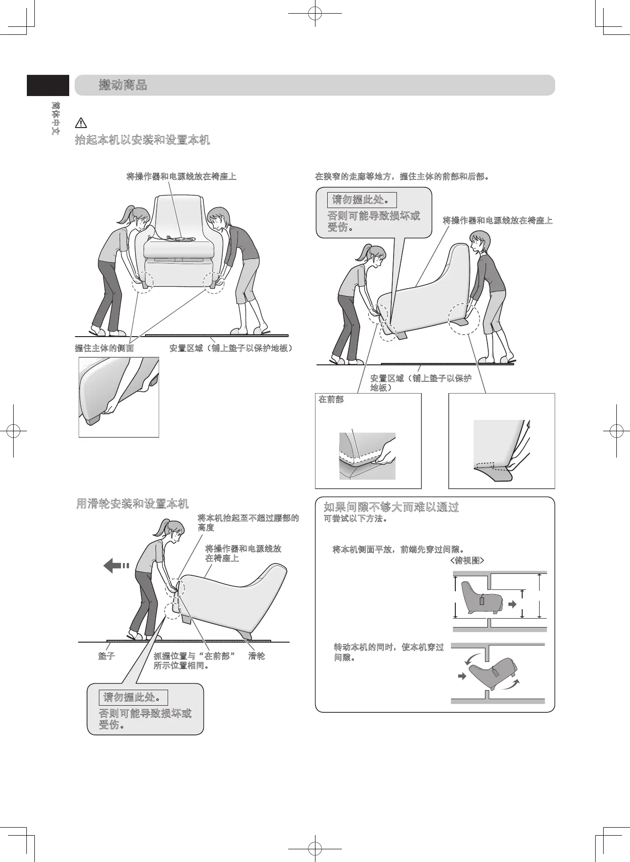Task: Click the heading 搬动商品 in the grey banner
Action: pos(123,85)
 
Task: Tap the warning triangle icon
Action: pos(81,123)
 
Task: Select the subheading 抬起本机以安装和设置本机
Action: pos(142,140)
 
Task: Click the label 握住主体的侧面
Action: pos(104,348)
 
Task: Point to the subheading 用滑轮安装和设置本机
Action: pos(132,504)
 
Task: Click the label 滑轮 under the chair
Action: pos(257,656)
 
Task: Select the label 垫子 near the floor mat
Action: pos(106,656)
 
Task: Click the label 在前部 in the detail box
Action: pos(331,399)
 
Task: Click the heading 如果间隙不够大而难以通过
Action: pos(391,507)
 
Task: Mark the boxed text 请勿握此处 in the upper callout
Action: pos(362,200)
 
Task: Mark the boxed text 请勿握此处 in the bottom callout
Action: pos(133,697)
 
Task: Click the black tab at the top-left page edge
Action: pos(48,85)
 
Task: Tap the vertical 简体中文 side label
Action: pos(56,118)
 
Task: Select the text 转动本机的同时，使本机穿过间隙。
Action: pos(388,652)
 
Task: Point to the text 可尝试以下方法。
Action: pos(356,519)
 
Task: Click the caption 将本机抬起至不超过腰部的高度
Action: pos(248,523)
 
